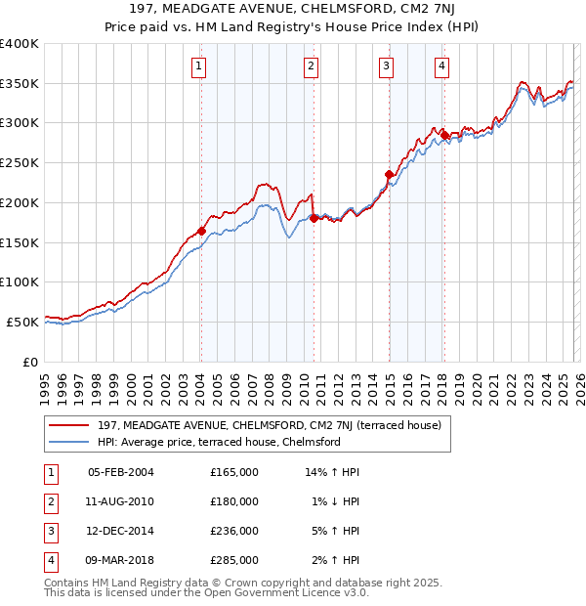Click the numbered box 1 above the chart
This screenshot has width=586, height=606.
tap(198, 66)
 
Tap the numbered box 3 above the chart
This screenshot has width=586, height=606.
tap(387, 66)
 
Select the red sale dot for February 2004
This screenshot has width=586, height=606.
tap(201, 231)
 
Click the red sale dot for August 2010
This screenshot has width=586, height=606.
tap(314, 218)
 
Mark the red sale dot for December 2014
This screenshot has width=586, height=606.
tap(389, 174)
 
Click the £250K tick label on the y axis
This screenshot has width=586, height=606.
tap(20, 163)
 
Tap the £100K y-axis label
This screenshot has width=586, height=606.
tap(20, 282)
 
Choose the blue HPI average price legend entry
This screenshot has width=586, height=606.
tap(218, 442)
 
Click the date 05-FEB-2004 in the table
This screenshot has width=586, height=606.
tap(121, 472)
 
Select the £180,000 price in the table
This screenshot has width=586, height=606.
tap(234, 501)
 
